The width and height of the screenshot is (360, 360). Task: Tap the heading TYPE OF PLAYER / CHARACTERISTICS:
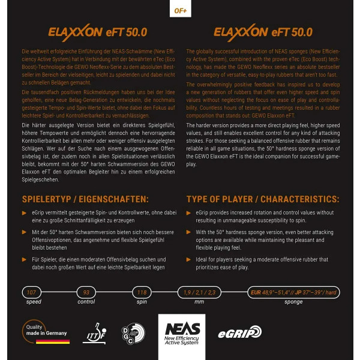click(x=262, y=199)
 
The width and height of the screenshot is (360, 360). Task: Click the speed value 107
click(x=31, y=293)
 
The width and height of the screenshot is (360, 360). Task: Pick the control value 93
click(x=86, y=293)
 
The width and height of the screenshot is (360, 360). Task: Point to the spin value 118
click(x=142, y=293)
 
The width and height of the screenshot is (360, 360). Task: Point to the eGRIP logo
click(x=239, y=332)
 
